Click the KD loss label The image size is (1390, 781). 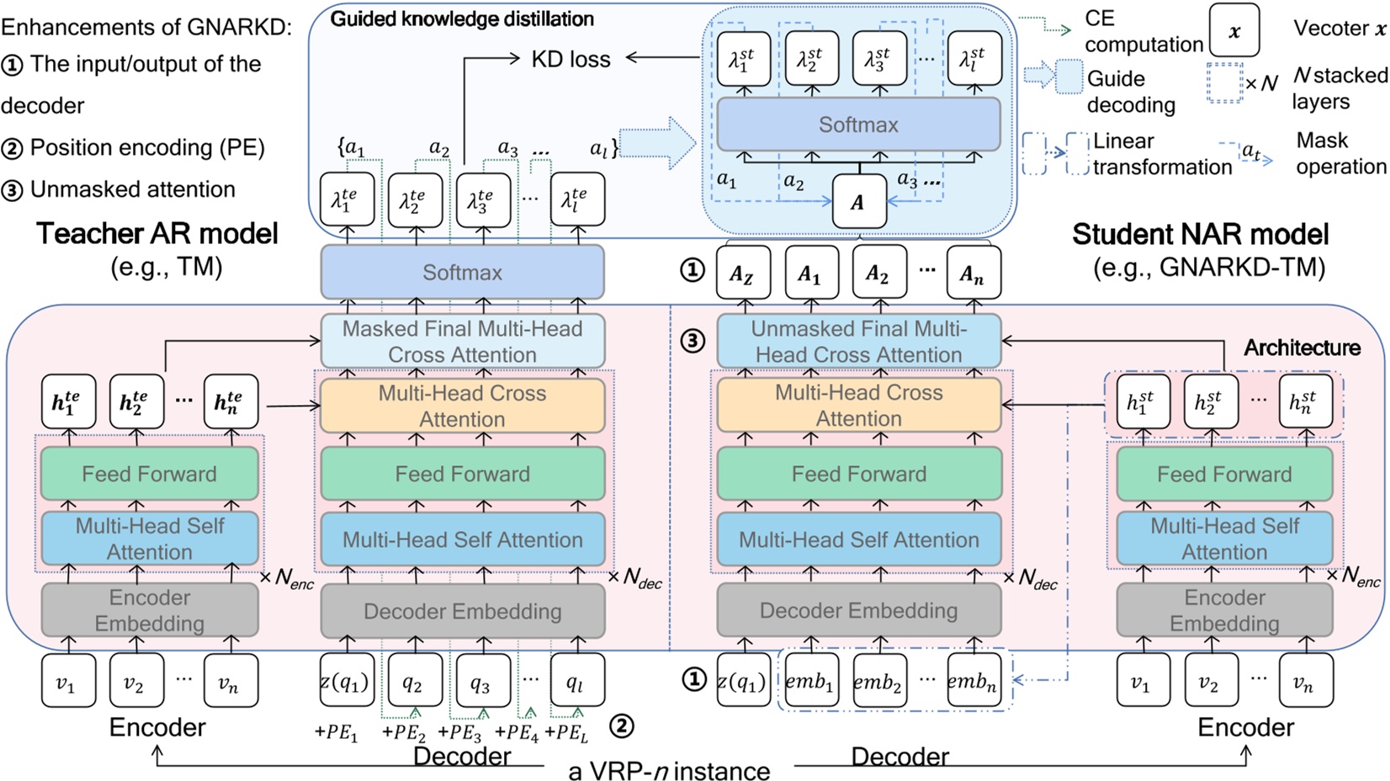[x=570, y=59]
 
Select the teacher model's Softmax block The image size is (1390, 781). [x=462, y=273]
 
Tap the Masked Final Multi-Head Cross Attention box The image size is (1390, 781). [x=462, y=341]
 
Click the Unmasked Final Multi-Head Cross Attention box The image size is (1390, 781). [x=858, y=341]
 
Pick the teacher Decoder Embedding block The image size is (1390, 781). [x=462, y=611]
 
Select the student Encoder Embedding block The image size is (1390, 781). [x=1224, y=610]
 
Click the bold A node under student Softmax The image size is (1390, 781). [x=858, y=202]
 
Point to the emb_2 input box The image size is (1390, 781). [x=878, y=682]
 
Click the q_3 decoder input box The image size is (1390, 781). [x=480, y=682]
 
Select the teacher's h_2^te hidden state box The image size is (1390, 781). [x=136, y=401]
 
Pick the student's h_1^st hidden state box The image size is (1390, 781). [x=1142, y=401]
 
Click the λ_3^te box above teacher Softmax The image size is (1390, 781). [x=483, y=200]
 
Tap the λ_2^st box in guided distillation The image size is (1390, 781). [x=811, y=59]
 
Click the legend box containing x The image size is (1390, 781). [x=1233, y=30]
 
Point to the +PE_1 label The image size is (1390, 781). [x=337, y=732]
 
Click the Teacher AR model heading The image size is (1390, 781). [x=157, y=234]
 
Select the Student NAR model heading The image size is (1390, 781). [x=1200, y=234]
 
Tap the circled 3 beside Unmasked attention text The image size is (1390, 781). [x=12, y=190]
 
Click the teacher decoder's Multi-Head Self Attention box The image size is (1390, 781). [x=462, y=539]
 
